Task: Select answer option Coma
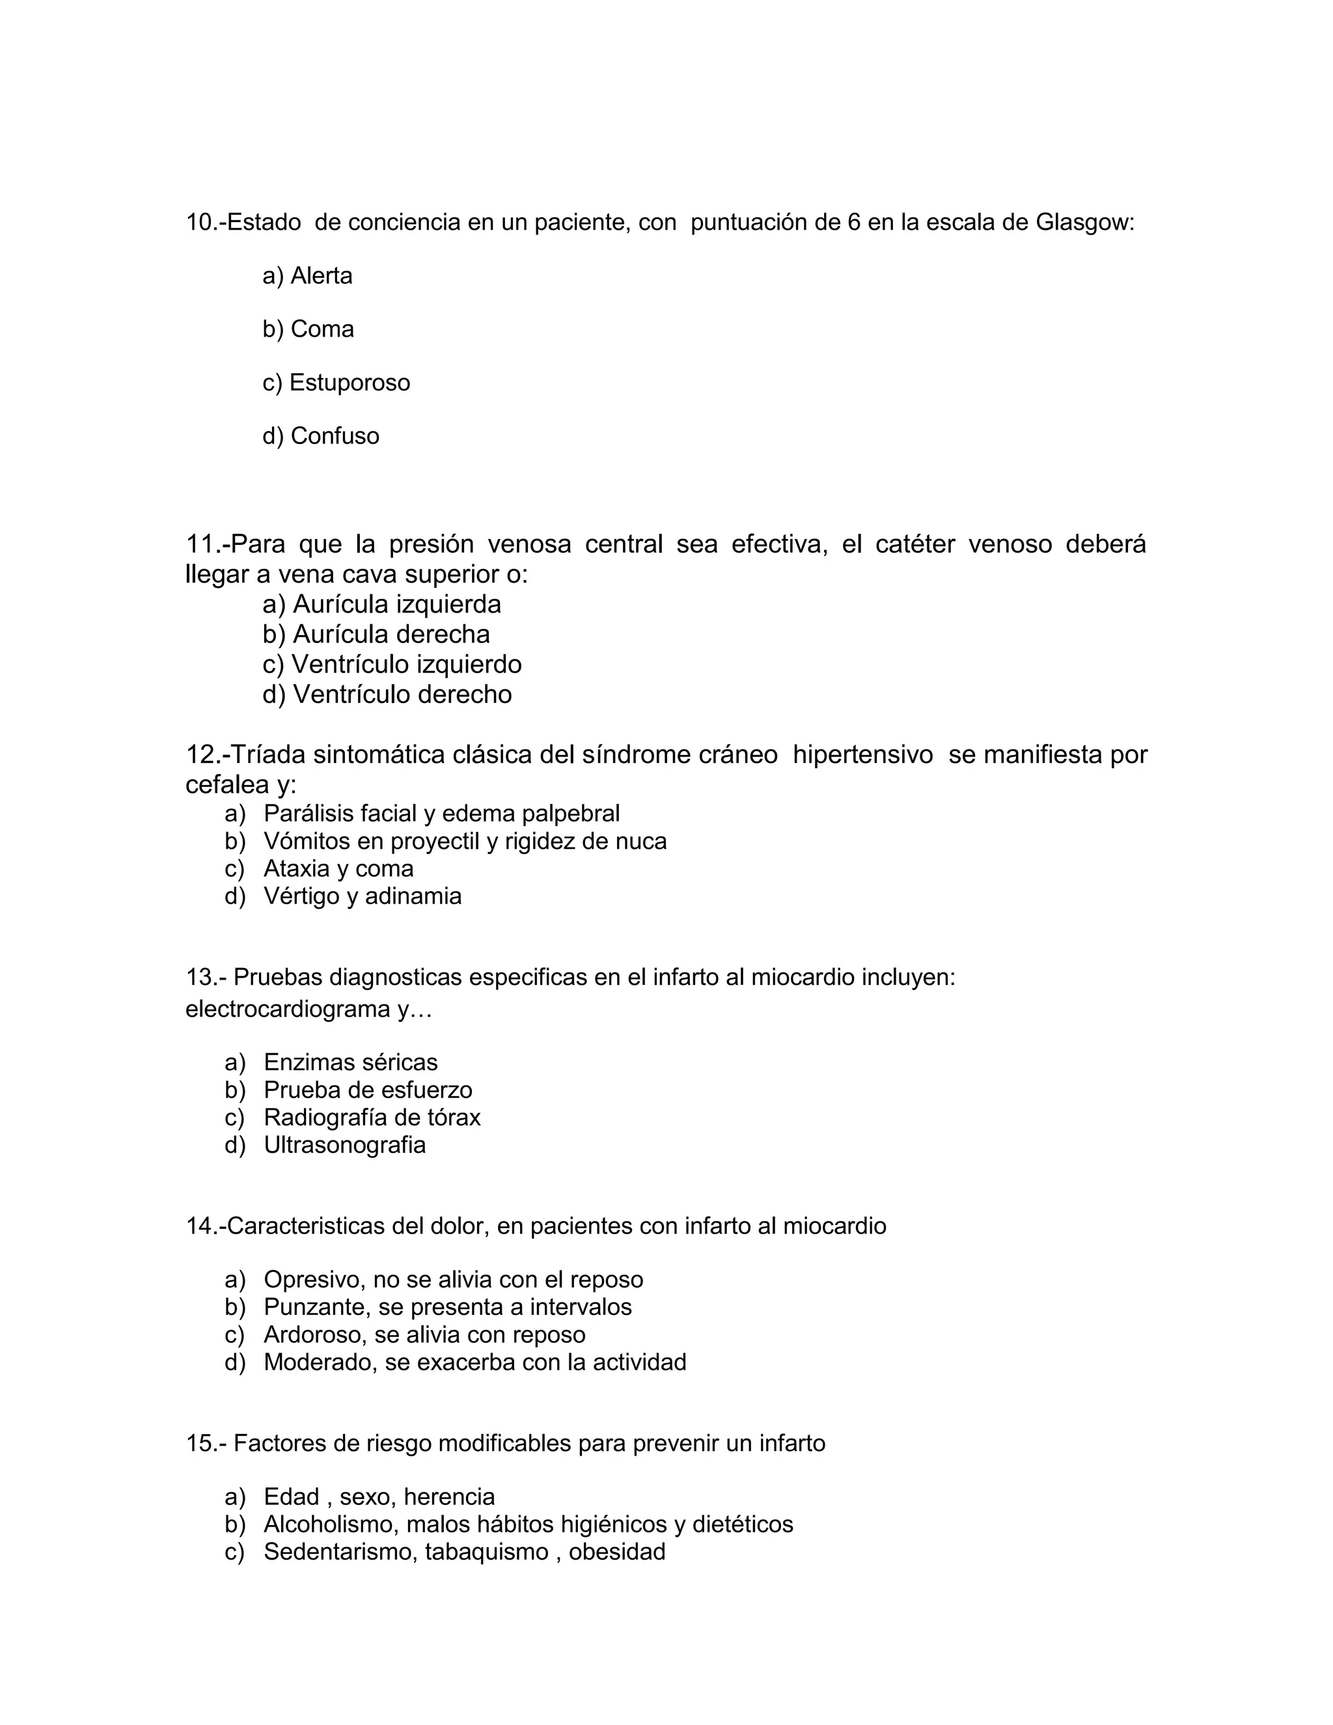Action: click(x=322, y=329)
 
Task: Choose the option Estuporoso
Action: click(x=350, y=383)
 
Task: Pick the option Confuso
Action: click(x=335, y=436)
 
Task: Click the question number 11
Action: click(x=201, y=544)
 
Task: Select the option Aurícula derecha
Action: click(x=391, y=634)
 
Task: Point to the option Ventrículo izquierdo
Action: click(x=406, y=664)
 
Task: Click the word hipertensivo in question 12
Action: click(x=862, y=754)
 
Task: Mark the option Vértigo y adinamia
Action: click(x=363, y=896)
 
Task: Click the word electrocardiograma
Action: click(x=288, y=1010)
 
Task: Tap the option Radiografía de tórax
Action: click(x=372, y=1118)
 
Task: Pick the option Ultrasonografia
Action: click(x=344, y=1145)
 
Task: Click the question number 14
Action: click(x=200, y=1226)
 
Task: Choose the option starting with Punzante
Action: click(x=447, y=1307)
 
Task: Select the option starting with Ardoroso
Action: click(x=424, y=1335)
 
